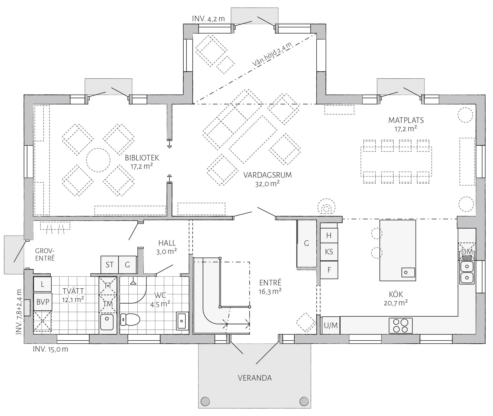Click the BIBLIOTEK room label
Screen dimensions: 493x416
tap(142, 158)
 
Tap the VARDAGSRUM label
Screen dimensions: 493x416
tap(268, 175)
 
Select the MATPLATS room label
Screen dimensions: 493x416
tap(406, 120)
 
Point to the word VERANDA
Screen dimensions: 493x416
tap(255, 378)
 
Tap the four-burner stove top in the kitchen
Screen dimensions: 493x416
tap(401, 326)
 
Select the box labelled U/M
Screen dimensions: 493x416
tap(331, 325)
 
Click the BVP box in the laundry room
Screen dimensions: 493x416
tap(43, 302)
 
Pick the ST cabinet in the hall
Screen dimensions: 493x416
tap(110, 264)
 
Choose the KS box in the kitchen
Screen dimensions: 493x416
tap(329, 252)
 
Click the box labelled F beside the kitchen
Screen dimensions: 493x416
tap(329, 270)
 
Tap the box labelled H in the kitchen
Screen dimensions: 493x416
tap(329, 235)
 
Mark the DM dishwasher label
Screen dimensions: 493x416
tap(467, 252)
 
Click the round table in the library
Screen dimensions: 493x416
tap(98, 160)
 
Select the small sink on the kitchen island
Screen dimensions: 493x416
tap(408, 272)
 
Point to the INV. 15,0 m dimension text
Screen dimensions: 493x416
tap(51, 349)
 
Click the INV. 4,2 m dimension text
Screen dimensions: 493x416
tap(208, 19)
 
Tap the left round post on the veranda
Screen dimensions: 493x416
tap(205, 401)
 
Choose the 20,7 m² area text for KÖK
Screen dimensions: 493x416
tap(396, 303)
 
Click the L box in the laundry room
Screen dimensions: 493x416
tap(42, 284)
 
